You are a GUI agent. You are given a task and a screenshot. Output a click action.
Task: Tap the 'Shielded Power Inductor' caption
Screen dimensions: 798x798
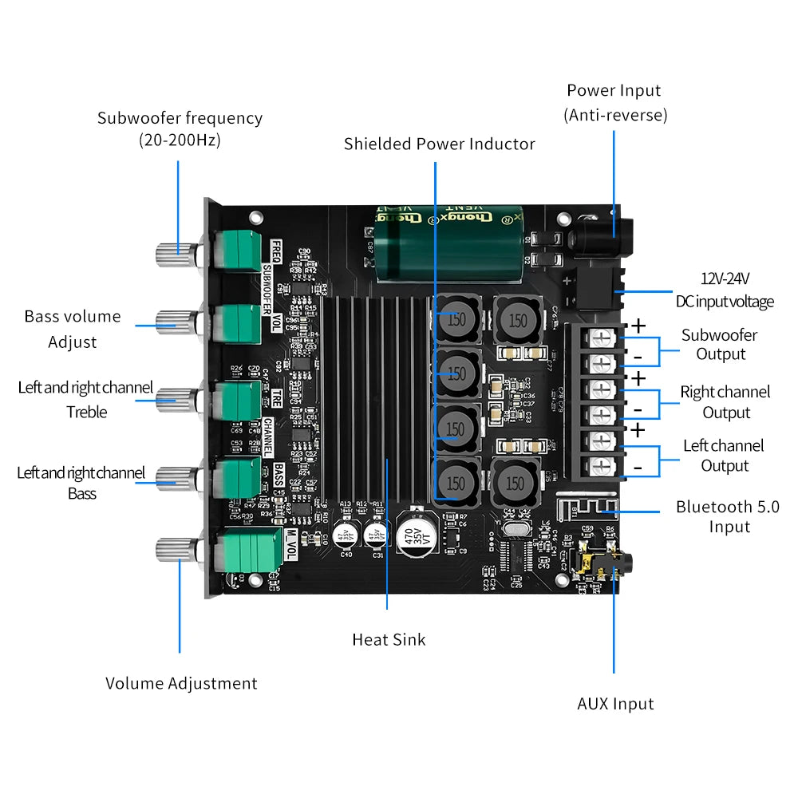pos(439,144)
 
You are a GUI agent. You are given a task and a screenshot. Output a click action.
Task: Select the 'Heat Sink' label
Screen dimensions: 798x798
pos(389,639)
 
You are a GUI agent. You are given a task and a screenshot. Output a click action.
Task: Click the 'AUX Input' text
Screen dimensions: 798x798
pos(615,703)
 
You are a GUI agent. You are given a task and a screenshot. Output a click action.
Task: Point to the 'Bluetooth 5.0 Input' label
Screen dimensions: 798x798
pos(727,516)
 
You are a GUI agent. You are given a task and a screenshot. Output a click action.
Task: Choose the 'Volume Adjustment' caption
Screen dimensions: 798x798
pos(181,683)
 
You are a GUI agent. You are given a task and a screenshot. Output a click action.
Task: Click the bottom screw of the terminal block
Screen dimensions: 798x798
pos(603,466)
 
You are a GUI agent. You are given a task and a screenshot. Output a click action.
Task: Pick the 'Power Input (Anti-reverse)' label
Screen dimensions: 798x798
pos(615,103)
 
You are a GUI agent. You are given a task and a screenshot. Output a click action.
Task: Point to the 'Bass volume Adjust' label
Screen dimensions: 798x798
pos(73,329)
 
